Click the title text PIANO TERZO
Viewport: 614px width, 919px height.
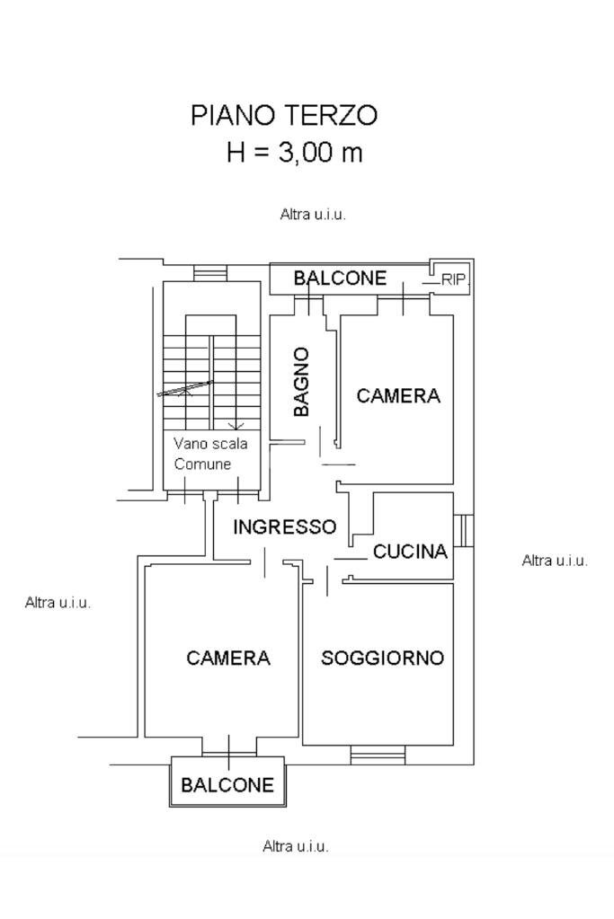coord(284,116)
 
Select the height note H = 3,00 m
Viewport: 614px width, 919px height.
coord(295,152)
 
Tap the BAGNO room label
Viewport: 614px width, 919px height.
coord(302,382)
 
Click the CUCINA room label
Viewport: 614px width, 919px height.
coord(410,552)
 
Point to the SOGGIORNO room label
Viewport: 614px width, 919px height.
coord(382,658)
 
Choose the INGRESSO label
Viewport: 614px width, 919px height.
coord(284,527)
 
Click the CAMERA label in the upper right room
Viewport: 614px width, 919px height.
coord(398,395)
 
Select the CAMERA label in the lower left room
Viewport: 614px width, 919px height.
coord(228,658)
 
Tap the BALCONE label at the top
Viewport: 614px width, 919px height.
coord(340,278)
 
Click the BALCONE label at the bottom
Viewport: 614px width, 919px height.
coord(227,785)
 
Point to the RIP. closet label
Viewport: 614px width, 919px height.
coord(454,280)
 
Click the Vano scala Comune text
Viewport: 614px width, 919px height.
coord(210,454)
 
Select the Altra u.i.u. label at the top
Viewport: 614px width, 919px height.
coord(313,215)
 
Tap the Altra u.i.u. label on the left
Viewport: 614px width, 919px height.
coord(58,603)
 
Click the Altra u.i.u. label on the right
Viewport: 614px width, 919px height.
coord(555,561)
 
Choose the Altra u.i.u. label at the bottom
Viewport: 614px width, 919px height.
coord(295,846)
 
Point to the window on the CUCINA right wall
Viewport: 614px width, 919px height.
coord(463,530)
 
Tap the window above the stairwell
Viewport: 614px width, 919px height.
coord(210,272)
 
